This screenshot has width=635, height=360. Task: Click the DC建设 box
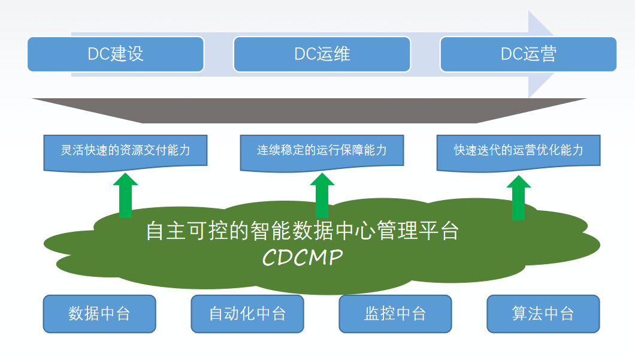pyautogui.click(x=116, y=55)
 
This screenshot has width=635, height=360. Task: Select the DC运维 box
pyautogui.click(x=322, y=55)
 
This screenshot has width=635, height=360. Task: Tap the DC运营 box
pyautogui.click(x=528, y=55)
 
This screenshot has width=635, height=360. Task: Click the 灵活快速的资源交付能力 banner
pyautogui.click(x=125, y=150)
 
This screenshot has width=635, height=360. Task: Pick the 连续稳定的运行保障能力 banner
pyautogui.click(x=322, y=150)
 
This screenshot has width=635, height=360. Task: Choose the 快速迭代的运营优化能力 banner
pyautogui.click(x=518, y=150)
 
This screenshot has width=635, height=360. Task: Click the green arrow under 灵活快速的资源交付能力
pyautogui.click(x=125, y=196)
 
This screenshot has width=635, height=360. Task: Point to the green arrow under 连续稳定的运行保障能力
pyautogui.click(x=322, y=196)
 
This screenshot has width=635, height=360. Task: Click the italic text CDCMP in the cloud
pyautogui.click(x=303, y=258)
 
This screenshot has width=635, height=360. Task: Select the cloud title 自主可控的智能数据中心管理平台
pyautogui.click(x=303, y=231)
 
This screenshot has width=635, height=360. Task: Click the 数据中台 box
pyautogui.click(x=99, y=313)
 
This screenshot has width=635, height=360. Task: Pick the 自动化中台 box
pyautogui.click(x=247, y=313)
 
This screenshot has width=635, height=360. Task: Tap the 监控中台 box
pyautogui.click(x=395, y=313)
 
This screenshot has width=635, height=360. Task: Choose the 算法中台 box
pyautogui.click(x=543, y=313)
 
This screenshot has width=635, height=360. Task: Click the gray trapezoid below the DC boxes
pyautogui.click(x=317, y=111)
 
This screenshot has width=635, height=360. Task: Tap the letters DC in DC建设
pyautogui.click(x=98, y=55)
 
